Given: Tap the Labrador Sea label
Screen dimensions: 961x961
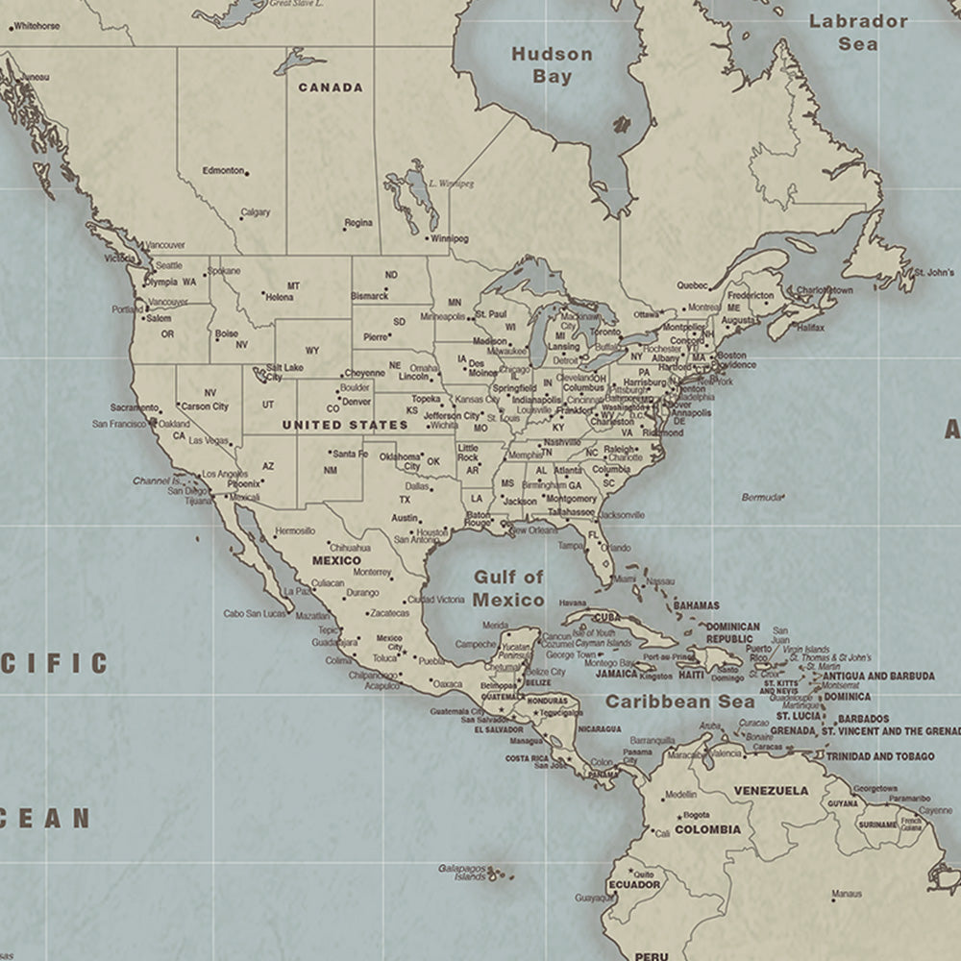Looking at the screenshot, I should (x=857, y=32).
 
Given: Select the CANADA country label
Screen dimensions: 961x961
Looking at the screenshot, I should (x=331, y=87).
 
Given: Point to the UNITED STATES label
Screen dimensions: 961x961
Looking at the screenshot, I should (x=345, y=425).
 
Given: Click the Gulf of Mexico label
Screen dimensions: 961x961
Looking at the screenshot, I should (x=508, y=588).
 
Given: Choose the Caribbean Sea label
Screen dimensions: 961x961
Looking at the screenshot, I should (x=679, y=702).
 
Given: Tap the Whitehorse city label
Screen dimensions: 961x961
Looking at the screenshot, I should (x=37, y=26).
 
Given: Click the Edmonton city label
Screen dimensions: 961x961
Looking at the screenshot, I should (x=223, y=171).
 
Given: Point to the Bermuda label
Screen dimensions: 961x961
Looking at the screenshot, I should (x=761, y=497).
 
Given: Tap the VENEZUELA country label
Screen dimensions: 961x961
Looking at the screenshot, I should (x=771, y=791).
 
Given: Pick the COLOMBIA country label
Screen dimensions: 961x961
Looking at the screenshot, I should (x=707, y=829).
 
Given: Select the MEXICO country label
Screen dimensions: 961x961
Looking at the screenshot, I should (x=336, y=560).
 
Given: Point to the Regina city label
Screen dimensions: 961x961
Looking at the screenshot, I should (x=358, y=223).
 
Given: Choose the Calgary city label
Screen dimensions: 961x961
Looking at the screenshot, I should (x=255, y=213).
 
